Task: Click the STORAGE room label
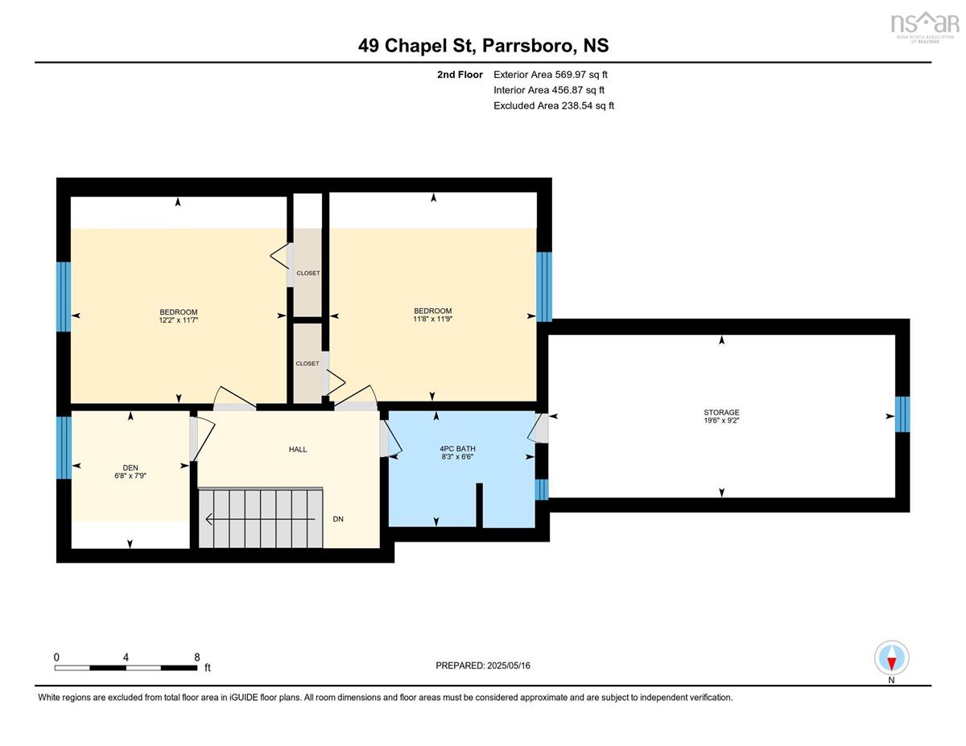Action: (x=721, y=412)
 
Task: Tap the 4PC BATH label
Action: (x=457, y=449)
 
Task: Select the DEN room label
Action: (x=130, y=468)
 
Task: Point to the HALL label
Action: (x=298, y=449)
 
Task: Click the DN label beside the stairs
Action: (x=338, y=519)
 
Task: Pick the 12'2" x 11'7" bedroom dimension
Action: (x=178, y=320)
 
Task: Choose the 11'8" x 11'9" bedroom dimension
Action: (x=432, y=319)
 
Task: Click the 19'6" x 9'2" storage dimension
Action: (x=721, y=420)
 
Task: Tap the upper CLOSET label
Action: (x=308, y=274)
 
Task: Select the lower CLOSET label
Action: (x=308, y=364)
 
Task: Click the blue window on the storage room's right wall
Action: (x=902, y=414)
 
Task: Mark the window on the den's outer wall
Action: (x=64, y=447)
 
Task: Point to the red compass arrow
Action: (x=891, y=663)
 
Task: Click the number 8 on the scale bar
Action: (x=197, y=657)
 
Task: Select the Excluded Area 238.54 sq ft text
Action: (x=554, y=105)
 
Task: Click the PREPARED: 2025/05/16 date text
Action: (x=483, y=666)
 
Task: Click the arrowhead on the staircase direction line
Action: (x=208, y=518)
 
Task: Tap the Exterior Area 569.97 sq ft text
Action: (x=551, y=75)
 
